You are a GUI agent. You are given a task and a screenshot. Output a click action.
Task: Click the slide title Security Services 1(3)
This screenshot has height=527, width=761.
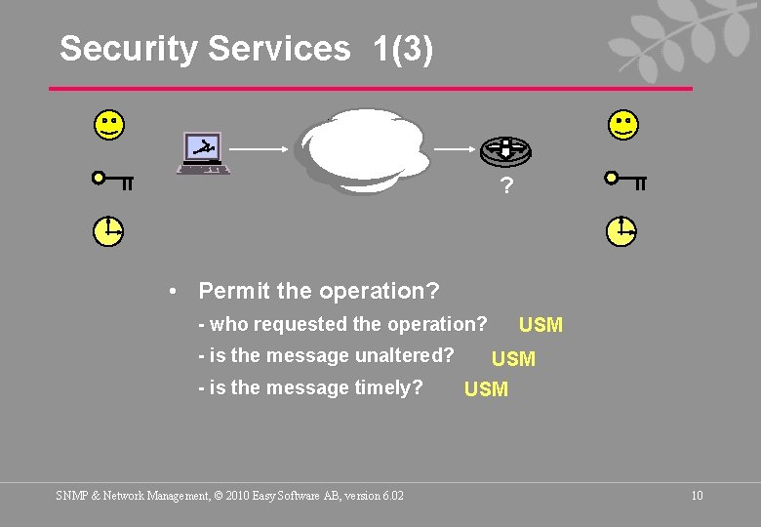[246, 49]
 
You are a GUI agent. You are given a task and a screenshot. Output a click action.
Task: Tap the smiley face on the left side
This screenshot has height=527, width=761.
[108, 125]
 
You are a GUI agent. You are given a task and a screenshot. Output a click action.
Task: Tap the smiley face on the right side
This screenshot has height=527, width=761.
[622, 125]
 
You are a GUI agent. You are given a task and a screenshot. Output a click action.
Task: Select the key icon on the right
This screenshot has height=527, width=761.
[625, 180]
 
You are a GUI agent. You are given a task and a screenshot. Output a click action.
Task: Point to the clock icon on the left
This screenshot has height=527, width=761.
[108, 231]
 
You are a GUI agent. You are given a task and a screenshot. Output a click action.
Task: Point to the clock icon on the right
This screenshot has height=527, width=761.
[621, 231]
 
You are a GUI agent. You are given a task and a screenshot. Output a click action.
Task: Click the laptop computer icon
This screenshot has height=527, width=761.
[203, 153]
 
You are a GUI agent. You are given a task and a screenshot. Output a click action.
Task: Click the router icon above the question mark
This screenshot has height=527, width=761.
[505, 150]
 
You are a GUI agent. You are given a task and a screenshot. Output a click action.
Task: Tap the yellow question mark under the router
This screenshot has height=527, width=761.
[505, 185]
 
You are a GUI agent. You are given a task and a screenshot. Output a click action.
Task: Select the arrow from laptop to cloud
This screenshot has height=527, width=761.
[261, 149]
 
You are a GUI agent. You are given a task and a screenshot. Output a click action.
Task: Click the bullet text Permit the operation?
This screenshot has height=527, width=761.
[318, 291]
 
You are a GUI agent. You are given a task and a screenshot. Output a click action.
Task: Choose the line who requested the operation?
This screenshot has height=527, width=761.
[342, 324]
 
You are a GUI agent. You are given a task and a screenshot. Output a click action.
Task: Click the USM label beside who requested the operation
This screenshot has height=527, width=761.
[541, 325]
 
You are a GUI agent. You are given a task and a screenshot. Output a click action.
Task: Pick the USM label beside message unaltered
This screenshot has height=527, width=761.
[513, 359]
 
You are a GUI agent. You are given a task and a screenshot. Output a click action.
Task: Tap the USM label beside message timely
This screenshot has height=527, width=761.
[486, 390]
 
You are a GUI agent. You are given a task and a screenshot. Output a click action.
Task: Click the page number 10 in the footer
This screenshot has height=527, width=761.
[697, 496]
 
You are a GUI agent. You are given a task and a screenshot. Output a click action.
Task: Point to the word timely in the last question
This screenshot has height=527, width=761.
[390, 388]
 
